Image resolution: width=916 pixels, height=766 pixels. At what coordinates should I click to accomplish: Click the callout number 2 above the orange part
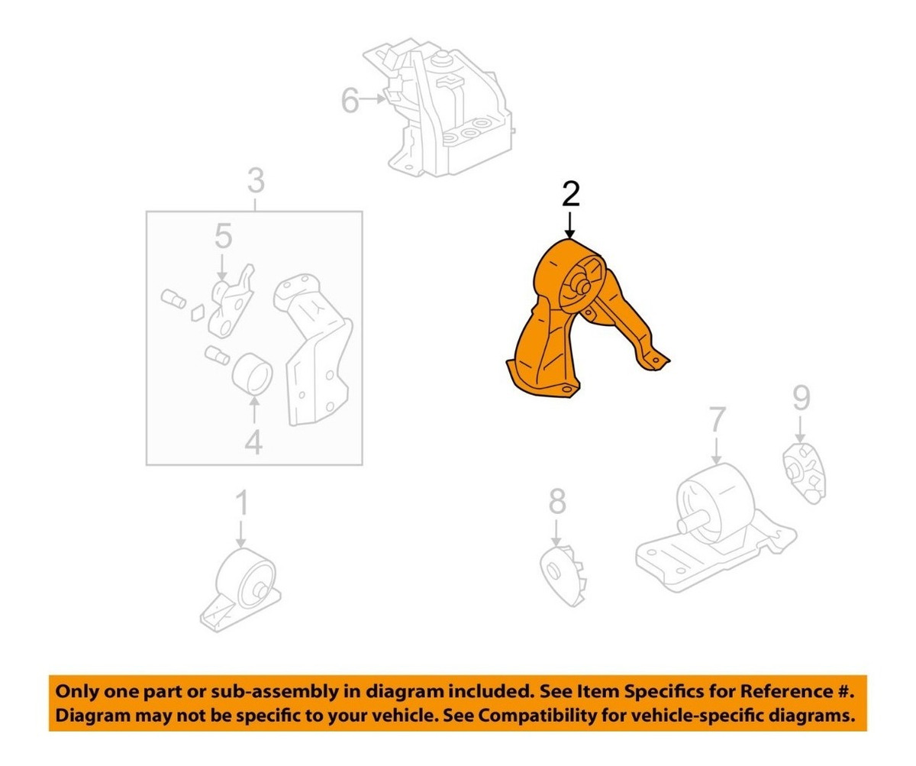tap(570, 195)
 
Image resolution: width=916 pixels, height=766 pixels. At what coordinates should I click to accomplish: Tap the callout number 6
tap(350, 101)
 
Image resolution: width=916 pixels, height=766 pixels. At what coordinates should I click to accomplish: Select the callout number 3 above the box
tap(256, 181)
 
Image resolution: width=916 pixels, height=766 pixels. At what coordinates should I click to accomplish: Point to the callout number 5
tap(224, 236)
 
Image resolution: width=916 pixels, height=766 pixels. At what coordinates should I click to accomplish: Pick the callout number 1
tap(241, 504)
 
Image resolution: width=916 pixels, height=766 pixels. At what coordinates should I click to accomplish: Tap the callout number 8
tap(557, 501)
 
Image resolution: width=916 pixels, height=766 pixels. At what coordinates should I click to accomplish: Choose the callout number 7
tap(717, 419)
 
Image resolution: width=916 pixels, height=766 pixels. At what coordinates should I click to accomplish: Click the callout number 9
tap(801, 398)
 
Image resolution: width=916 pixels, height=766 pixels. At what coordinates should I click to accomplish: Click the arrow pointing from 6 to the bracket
tap(372, 99)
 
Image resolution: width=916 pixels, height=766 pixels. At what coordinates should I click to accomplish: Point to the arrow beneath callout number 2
tap(570, 225)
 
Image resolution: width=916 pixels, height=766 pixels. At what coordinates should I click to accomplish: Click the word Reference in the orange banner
tap(782, 692)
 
